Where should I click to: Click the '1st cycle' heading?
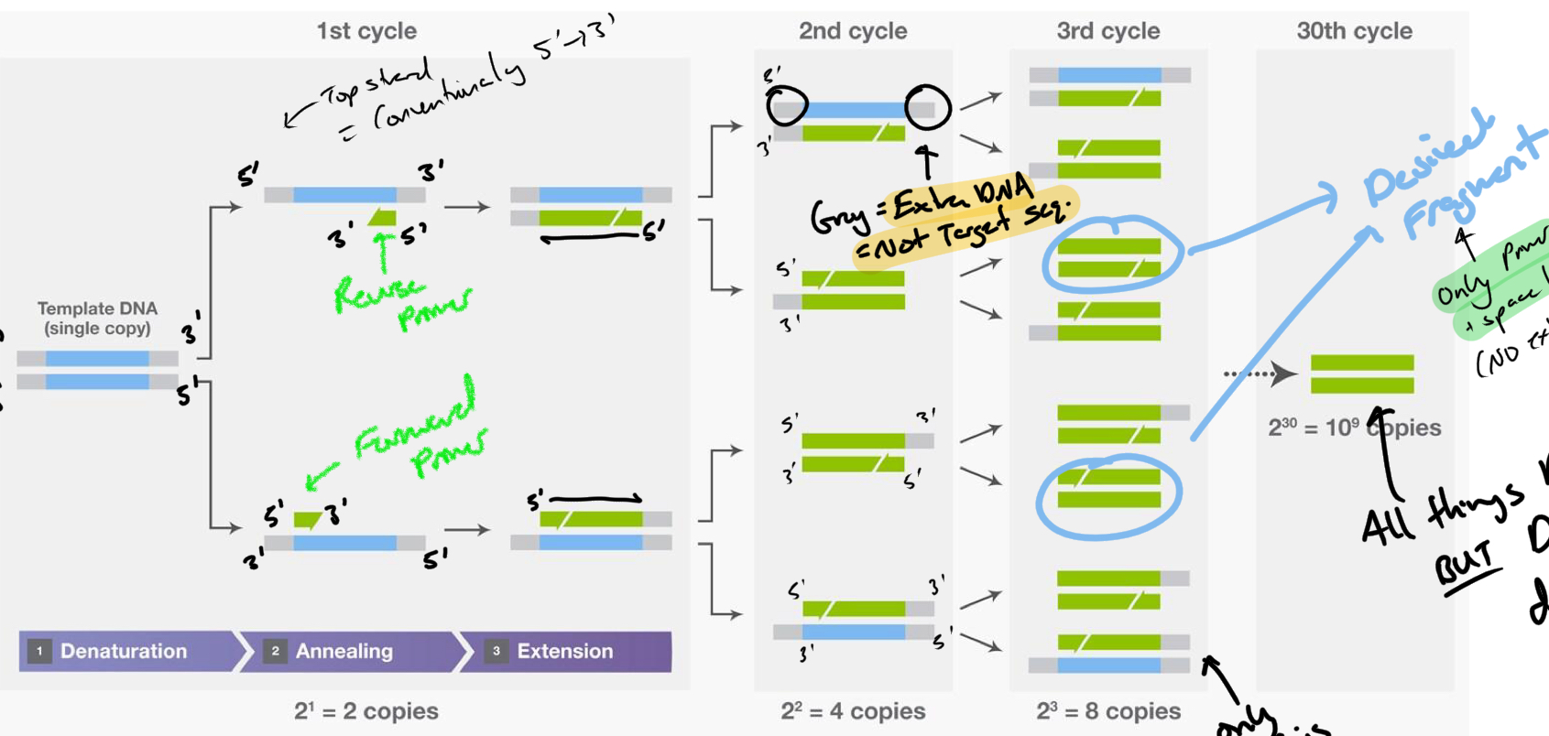point(366,31)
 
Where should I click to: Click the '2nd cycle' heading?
point(853,31)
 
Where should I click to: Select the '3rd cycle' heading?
point(1108,31)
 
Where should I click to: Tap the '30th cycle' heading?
point(1354,31)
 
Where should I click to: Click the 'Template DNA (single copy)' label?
point(97,319)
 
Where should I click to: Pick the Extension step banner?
point(564,651)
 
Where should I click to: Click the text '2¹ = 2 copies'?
point(366,711)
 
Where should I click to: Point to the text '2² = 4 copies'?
point(853,711)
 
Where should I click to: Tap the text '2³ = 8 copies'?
point(1108,711)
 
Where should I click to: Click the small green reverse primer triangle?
point(383,218)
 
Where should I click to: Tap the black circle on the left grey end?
point(787,106)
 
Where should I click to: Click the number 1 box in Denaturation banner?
point(39,651)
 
